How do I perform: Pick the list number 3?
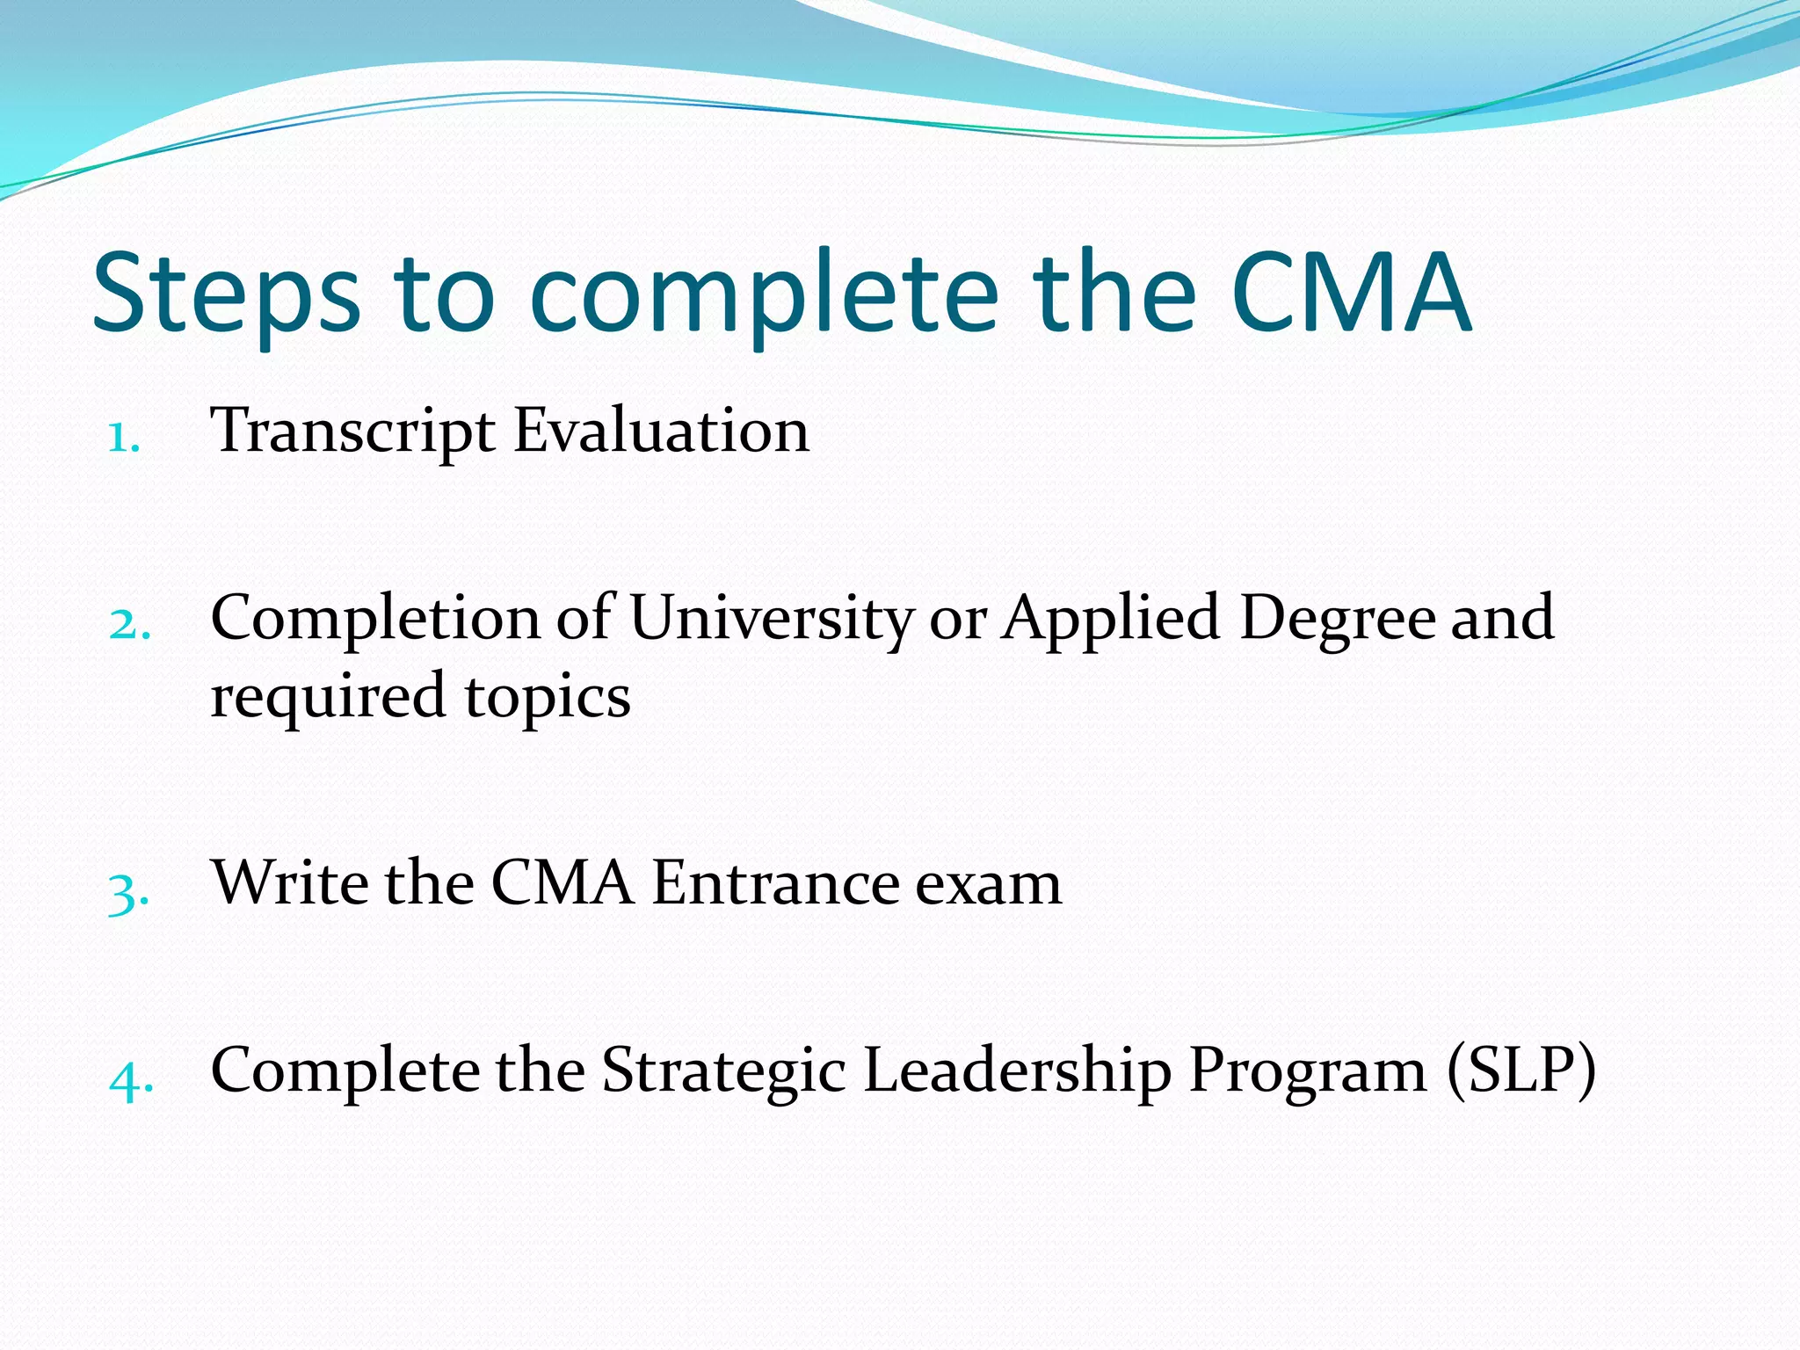click(x=128, y=893)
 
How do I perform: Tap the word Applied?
click(x=1112, y=619)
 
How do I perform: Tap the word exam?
click(x=988, y=883)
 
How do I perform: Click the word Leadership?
click(x=1017, y=1071)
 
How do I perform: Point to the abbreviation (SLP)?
click(x=1521, y=1071)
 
